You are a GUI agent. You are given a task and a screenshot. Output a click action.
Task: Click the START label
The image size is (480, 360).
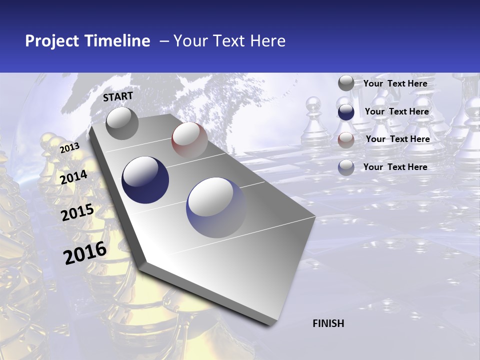[x=118, y=96]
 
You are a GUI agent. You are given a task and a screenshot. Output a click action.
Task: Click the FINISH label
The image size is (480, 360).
[x=328, y=323]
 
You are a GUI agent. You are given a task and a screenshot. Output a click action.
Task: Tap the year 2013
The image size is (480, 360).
[x=69, y=147]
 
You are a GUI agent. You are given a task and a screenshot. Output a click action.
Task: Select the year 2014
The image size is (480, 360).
[x=73, y=177]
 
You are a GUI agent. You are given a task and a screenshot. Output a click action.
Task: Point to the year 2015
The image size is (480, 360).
[x=77, y=212]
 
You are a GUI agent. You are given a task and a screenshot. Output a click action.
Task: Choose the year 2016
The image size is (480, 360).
[x=85, y=253]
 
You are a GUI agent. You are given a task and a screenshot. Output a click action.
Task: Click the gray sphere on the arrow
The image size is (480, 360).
[x=122, y=123]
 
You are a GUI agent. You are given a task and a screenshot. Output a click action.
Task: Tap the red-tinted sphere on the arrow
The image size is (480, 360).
[x=189, y=139]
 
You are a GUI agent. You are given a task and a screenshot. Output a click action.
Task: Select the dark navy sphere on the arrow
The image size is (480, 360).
[x=145, y=180]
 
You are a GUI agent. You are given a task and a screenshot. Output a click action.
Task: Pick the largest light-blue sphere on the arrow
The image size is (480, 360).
[x=216, y=207]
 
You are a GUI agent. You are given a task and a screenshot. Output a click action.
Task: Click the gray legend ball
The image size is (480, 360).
[x=346, y=83]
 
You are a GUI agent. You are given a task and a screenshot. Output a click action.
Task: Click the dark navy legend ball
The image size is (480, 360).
[x=346, y=112]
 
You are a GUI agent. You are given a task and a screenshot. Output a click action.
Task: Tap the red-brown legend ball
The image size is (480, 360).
[x=346, y=140]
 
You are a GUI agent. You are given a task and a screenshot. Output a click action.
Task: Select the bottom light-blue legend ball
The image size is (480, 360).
[x=346, y=167]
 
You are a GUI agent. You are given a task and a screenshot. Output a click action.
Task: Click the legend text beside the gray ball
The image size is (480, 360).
[x=395, y=83]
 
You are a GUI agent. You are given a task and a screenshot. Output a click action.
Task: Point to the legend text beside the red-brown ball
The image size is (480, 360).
[x=397, y=139]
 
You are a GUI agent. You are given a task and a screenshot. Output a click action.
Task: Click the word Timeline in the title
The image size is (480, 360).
[x=117, y=41]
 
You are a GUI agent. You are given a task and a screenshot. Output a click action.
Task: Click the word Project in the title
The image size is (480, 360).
[x=52, y=41]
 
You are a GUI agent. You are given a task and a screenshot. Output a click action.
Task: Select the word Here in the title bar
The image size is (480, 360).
[x=267, y=41]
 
